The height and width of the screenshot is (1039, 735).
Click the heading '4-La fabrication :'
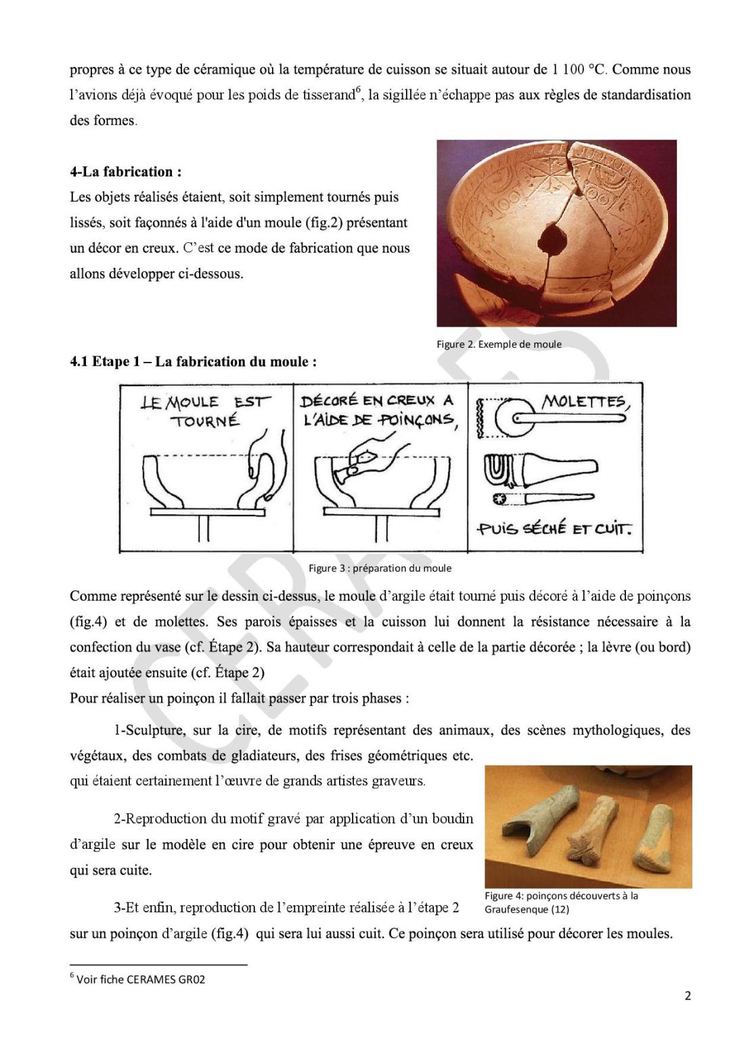[125, 172]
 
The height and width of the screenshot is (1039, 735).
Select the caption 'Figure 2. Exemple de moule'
[499, 344]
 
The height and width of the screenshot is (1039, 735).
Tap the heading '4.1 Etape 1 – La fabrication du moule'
[193, 362]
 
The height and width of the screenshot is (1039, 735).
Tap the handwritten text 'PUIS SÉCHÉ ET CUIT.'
[554, 529]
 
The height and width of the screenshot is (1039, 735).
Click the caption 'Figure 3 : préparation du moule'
[380, 568]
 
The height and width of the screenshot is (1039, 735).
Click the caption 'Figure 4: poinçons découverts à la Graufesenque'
[560, 902]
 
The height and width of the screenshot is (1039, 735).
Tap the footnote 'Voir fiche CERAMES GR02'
[140, 979]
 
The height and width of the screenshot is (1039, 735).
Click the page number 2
[688, 996]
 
